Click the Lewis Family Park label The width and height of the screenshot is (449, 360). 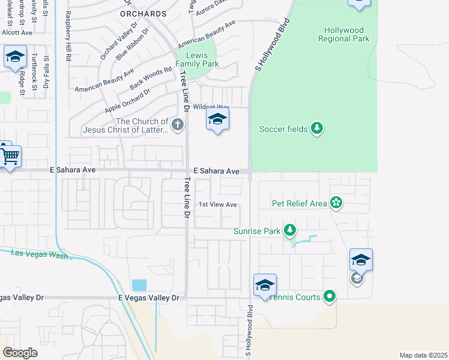[197, 59]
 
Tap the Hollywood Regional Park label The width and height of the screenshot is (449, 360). [346, 34]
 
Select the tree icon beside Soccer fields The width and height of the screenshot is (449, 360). [318, 128]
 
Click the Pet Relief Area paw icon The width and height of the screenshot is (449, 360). [336, 203]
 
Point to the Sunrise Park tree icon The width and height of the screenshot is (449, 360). [290, 230]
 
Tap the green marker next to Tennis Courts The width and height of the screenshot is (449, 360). [329, 296]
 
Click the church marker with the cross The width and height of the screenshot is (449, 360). [176, 125]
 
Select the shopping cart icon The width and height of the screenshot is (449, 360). [10, 157]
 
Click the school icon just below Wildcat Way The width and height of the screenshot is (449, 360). [217, 119]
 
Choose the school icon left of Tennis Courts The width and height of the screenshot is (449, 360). [264, 286]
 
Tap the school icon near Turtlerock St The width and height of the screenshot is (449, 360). [15, 58]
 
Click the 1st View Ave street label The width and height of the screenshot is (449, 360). [218, 205]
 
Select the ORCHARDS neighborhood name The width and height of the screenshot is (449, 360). [143, 13]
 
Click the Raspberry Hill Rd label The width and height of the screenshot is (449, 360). [68, 36]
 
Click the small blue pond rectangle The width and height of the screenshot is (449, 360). [139, 285]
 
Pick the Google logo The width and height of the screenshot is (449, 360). [20, 352]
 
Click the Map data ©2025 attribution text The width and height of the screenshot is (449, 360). [423, 355]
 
